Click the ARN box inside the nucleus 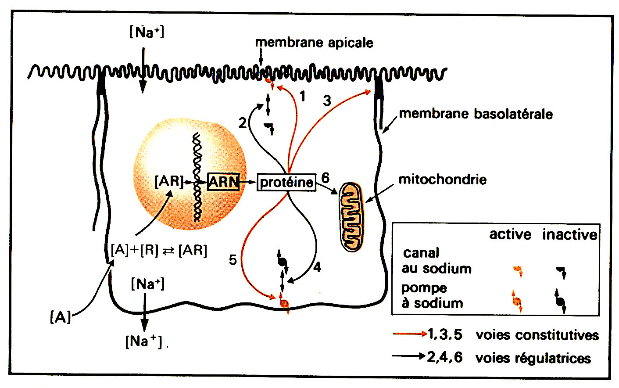click(x=223, y=182)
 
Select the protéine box click(x=286, y=182)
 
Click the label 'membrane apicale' click(x=314, y=43)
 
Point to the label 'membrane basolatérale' click(x=476, y=114)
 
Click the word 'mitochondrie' click(x=442, y=180)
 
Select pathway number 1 click(x=302, y=96)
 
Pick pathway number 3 click(x=327, y=101)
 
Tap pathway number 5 click(x=233, y=260)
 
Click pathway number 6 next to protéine click(x=325, y=178)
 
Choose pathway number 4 click(x=317, y=267)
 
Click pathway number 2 click(x=243, y=123)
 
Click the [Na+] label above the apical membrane click(x=147, y=32)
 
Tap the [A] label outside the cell click(x=60, y=317)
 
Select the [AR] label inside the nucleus click(x=169, y=181)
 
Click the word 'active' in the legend click(x=510, y=234)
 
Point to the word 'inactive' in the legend click(x=569, y=234)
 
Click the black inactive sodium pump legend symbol click(x=560, y=301)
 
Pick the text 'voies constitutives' click(x=537, y=335)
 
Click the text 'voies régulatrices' click(x=533, y=358)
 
